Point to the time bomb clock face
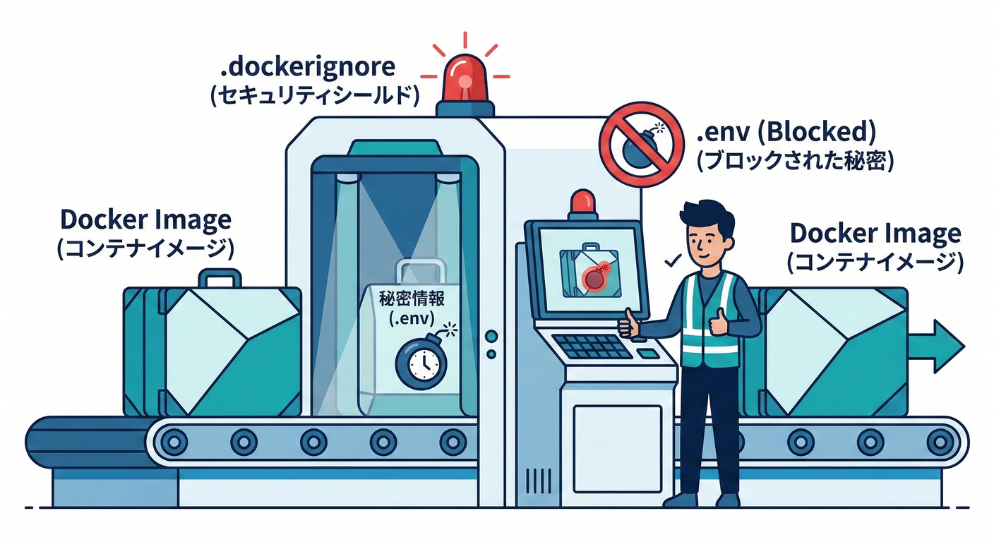tap(421, 361)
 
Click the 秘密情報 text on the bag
tap(412, 299)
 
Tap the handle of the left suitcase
tap(219, 277)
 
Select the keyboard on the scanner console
tap(592, 346)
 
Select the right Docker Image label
tap(875, 233)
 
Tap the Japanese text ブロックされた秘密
tap(795, 161)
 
